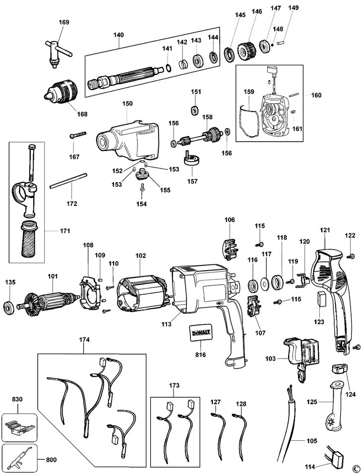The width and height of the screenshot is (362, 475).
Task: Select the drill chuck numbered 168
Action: (x=60, y=90)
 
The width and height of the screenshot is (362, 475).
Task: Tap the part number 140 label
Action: (x=119, y=35)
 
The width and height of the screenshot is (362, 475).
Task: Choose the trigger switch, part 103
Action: (x=302, y=358)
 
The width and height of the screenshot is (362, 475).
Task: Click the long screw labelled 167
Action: (x=78, y=135)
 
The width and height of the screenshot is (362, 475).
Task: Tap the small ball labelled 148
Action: (x=273, y=45)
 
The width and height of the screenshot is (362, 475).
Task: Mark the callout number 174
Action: (x=84, y=340)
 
